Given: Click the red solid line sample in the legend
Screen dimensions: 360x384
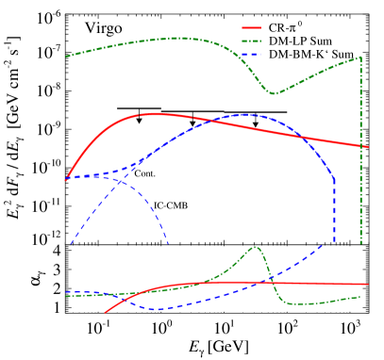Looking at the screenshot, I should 251,28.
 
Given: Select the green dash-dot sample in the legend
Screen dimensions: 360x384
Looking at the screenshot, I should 251,41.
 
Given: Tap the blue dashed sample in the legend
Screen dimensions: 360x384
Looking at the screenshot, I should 251,55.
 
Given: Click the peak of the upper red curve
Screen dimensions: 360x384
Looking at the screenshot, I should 153,113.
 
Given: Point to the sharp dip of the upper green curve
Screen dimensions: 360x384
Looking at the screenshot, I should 274,94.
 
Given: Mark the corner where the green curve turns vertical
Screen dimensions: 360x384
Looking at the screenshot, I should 360,57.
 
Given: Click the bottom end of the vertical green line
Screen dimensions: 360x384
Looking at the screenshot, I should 360,244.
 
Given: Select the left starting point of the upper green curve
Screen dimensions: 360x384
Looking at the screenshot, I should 66,57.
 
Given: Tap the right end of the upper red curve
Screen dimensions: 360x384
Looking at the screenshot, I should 367,147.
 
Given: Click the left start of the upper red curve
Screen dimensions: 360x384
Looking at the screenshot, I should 66,179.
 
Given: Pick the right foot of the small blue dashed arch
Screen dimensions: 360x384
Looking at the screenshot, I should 169,244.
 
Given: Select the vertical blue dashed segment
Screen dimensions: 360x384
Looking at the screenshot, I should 334,212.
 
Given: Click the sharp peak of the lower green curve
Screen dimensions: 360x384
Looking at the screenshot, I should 255,247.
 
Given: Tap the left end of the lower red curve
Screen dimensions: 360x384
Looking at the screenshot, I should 105,312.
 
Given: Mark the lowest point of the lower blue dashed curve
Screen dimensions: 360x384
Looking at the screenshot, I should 157,309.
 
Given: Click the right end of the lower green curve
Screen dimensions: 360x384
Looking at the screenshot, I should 360,297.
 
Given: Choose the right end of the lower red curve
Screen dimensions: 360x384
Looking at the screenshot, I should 367,284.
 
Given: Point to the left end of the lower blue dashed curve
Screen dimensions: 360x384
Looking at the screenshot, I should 66,292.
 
